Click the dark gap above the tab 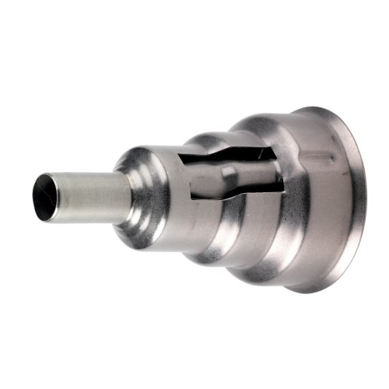coord(233,159)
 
